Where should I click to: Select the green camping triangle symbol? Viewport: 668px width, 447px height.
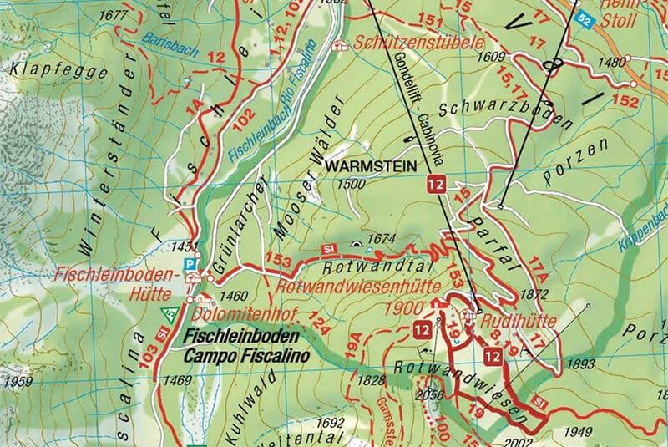click(170, 316)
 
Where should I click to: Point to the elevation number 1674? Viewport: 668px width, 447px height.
click(380, 240)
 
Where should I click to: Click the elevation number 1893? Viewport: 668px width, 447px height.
click(580, 364)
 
